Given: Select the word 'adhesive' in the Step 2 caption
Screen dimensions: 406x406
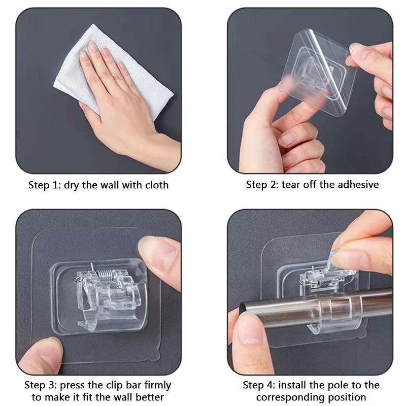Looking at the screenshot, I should click(357, 185).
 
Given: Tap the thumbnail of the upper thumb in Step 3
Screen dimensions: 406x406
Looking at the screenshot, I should click(152, 254).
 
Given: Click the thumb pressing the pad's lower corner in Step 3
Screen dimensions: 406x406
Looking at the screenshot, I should click(43, 355).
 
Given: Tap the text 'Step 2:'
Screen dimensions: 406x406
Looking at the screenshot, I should click(262, 185).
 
